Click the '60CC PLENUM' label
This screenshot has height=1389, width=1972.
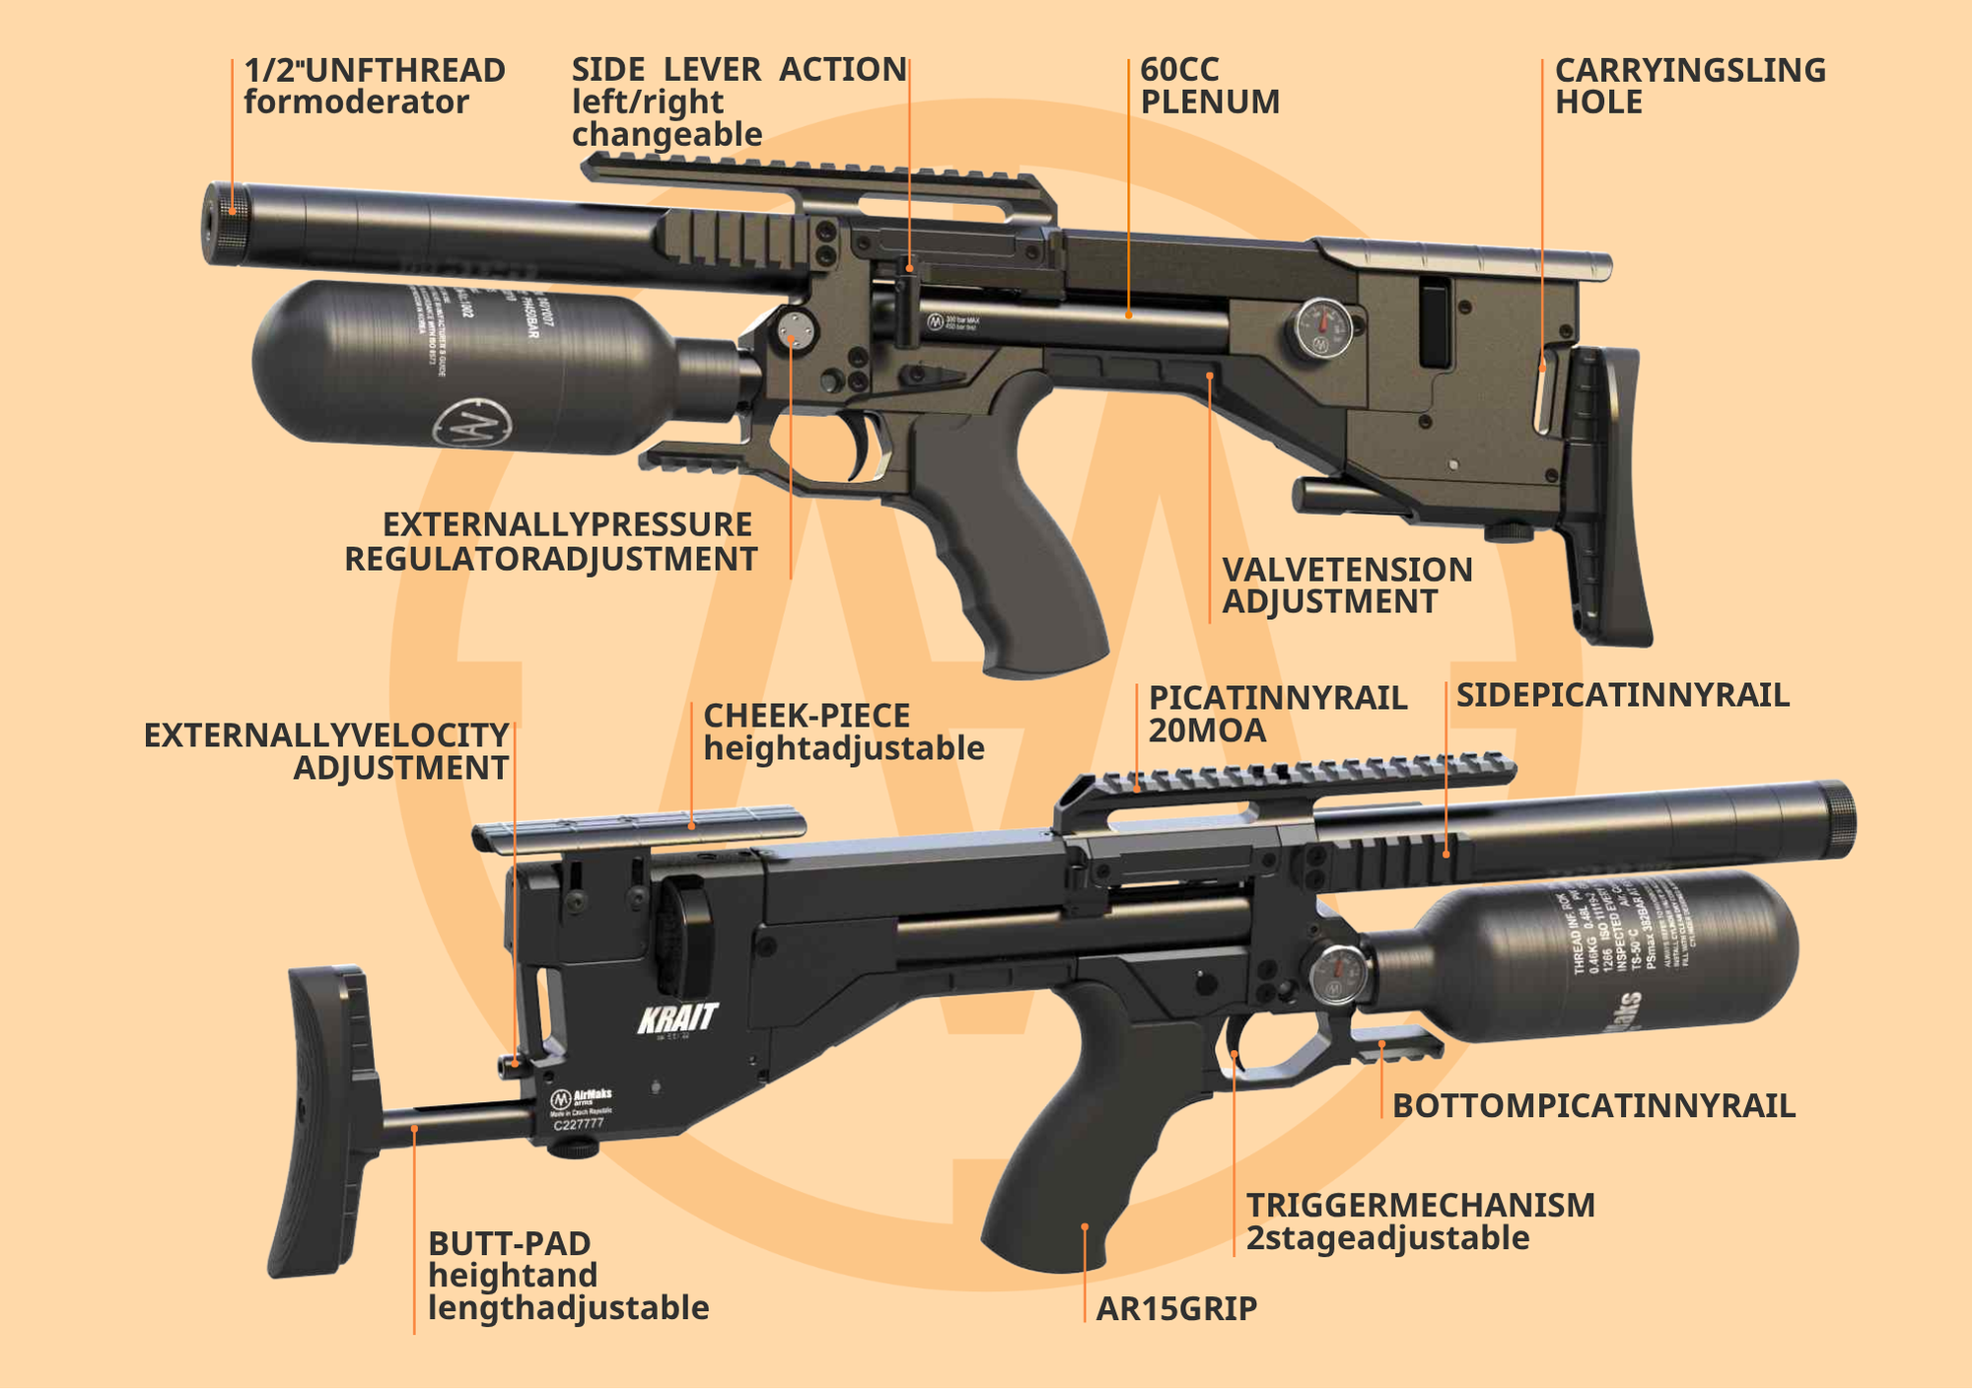tap(1210, 87)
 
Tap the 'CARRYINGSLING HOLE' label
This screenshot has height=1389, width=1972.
tap(1690, 87)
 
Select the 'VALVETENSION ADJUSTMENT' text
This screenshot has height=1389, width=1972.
tap(1347, 586)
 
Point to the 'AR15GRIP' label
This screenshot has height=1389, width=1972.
tap(1176, 1309)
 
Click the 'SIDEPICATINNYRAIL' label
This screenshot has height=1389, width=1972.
tap(1622, 696)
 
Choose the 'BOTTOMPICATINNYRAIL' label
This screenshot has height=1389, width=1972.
tap(1593, 1106)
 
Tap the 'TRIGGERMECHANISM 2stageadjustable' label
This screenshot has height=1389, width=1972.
tap(1420, 1221)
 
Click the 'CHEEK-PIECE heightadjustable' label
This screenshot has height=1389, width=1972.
tap(843, 732)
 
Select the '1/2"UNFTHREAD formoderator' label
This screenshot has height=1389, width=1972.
tap(375, 87)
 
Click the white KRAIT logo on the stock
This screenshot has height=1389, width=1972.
tap(677, 1019)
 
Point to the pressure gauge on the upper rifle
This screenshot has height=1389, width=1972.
tap(1322, 328)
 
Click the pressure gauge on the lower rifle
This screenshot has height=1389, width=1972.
tap(1338, 975)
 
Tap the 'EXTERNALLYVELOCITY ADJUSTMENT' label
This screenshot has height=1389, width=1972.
tap(327, 751)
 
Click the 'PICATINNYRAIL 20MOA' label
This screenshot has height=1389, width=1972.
tap(1277, 714)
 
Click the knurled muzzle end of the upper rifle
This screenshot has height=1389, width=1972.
tap(224, 224)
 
